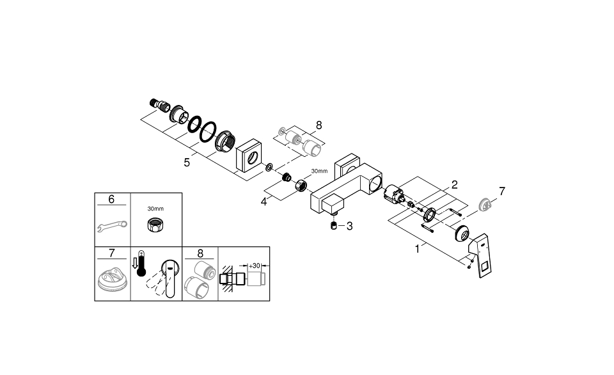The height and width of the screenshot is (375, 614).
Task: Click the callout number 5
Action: pos(187,163)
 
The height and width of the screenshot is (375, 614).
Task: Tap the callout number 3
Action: pos(349,226)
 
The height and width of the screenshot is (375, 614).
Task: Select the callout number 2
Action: pos(454,184)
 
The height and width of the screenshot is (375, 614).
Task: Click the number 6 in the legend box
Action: pos(111,200)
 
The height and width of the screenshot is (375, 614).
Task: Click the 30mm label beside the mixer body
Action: pos(319,171)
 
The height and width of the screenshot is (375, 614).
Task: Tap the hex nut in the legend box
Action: pos(155,225)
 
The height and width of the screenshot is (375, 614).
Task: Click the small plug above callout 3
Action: pos(333,225)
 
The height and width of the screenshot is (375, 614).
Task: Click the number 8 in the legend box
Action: pos(200,254)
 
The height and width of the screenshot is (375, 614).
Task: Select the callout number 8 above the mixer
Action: pos(319,126)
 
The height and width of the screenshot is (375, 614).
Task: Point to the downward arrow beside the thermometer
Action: pos(134,262)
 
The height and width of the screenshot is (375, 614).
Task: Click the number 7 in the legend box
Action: pos(111,254)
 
